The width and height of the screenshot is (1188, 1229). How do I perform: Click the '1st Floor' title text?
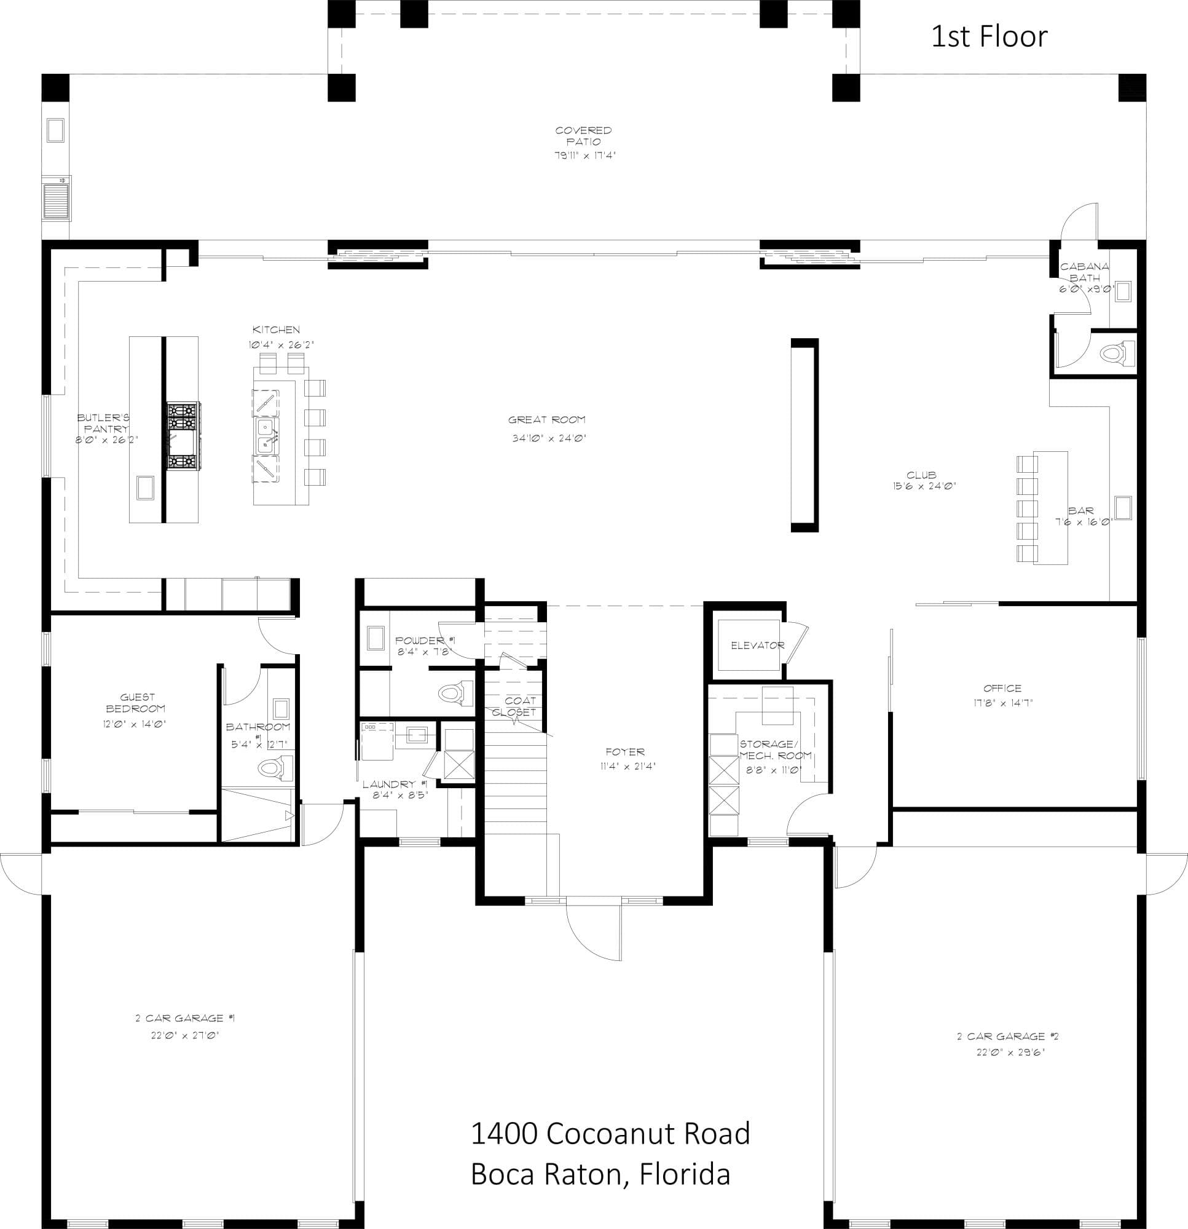989,37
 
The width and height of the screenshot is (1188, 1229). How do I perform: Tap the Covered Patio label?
583,136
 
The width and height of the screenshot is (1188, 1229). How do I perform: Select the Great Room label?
546,419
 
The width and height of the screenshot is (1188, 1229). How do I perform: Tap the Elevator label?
757,645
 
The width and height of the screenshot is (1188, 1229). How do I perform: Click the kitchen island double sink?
267,436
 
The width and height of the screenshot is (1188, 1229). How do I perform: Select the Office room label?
1002,688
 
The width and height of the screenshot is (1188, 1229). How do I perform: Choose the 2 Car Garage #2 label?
1008,1037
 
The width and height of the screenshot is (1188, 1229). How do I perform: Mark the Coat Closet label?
515,706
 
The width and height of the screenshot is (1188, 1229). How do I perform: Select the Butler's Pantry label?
103,423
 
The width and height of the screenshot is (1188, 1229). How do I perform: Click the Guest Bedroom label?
136,702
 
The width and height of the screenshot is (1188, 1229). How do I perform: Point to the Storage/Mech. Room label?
776,749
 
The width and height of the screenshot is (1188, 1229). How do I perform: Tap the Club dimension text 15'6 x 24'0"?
924,485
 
